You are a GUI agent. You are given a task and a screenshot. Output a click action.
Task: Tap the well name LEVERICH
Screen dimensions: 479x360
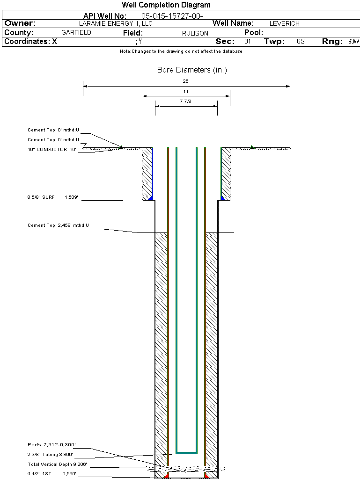tap(284, 23)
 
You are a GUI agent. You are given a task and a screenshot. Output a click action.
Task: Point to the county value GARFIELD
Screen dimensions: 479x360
tap(76, 33)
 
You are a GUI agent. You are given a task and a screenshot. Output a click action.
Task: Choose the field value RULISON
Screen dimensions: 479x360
tap(195, 33)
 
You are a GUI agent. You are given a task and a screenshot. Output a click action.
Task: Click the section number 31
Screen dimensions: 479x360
tap(248, 42)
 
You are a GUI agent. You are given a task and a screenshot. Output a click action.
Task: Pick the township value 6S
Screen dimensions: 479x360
tap(301, 42)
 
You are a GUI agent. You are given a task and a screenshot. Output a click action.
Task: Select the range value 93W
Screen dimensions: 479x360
tap(353, 42)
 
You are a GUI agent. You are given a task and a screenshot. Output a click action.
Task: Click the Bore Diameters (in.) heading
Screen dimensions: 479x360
tap(192, 70)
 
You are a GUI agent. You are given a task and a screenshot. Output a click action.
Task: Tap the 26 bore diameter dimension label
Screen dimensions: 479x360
tap(186, 81)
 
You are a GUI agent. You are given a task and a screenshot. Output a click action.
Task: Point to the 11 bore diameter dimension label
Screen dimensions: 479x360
tap(186, 91)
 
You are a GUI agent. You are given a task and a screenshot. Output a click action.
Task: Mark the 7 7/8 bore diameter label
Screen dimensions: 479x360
tap(186, 102)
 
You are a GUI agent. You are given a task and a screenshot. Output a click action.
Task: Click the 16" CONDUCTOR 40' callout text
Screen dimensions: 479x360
tap(52, 150)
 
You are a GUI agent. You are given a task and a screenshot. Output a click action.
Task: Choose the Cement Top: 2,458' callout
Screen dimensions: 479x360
tap(58, 225)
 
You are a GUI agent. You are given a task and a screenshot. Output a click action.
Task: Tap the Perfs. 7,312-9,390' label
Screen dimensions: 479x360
tap(51, 444)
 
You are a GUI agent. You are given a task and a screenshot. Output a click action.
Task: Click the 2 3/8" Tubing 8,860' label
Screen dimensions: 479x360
tap(50, 455)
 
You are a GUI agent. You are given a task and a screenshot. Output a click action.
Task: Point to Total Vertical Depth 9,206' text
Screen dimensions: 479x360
tap(57, 464)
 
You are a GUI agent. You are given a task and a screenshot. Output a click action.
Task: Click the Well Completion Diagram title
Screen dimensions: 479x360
tap(166, 5)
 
